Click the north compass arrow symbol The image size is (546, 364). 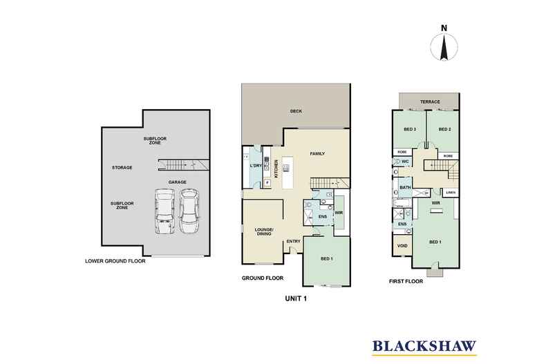[444, 48]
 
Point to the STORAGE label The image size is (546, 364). [122, 167]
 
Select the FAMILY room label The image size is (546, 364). [318, 153]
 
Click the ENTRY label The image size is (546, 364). [293, 240]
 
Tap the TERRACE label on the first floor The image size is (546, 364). [429, 102]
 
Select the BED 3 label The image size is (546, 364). [409, 129]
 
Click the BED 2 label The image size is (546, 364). [444, 129]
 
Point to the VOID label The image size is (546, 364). [402, 245]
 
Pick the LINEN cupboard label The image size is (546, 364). [450, 193]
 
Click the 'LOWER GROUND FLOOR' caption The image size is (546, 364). [115, 261]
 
